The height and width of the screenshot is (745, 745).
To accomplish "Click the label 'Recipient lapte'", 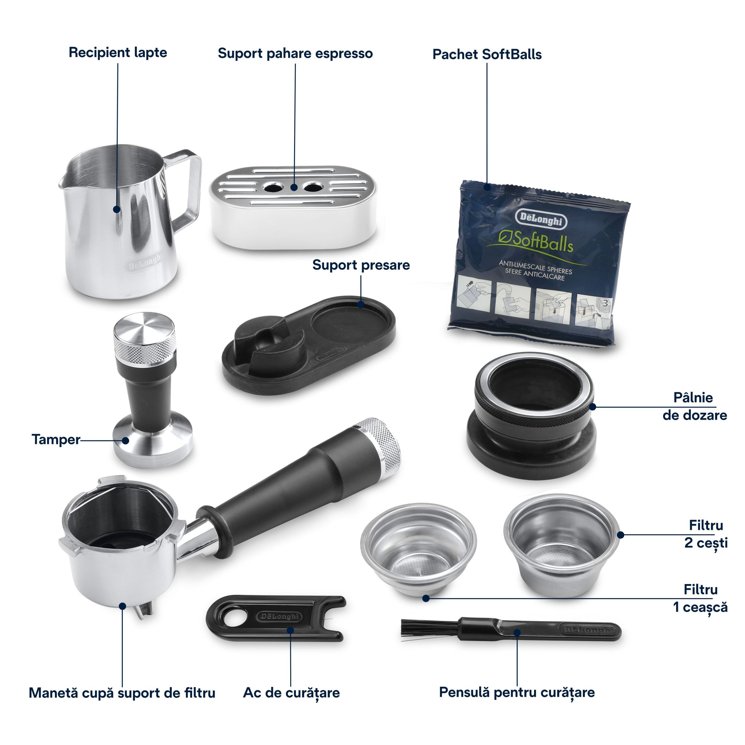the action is pyautogui.click(x=118, y=52).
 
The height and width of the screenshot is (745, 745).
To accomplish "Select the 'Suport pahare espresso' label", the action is pyautogui.click(x=295, y=53).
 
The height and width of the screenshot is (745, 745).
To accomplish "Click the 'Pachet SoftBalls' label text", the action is pyautogui.click(x=487, y=54).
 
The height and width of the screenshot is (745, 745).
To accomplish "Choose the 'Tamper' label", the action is pyautogui.click(x=56, y=439).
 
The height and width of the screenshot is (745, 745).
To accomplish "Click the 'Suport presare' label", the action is pyautogui.click(x=361, y=265).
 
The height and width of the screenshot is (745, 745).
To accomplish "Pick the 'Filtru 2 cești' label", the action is pyautogui.click(x=706, y=534).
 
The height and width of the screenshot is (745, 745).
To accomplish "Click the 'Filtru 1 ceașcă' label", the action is pyautogui.click(x=700, y=598).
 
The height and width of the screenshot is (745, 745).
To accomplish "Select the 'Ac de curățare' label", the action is pyautogui.click(x=291, y=693).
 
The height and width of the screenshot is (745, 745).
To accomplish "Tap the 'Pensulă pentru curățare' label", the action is pyautogui.click(x=517, y=692).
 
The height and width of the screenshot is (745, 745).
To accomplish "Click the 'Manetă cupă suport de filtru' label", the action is pyautogui.click(x=122, y=693).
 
